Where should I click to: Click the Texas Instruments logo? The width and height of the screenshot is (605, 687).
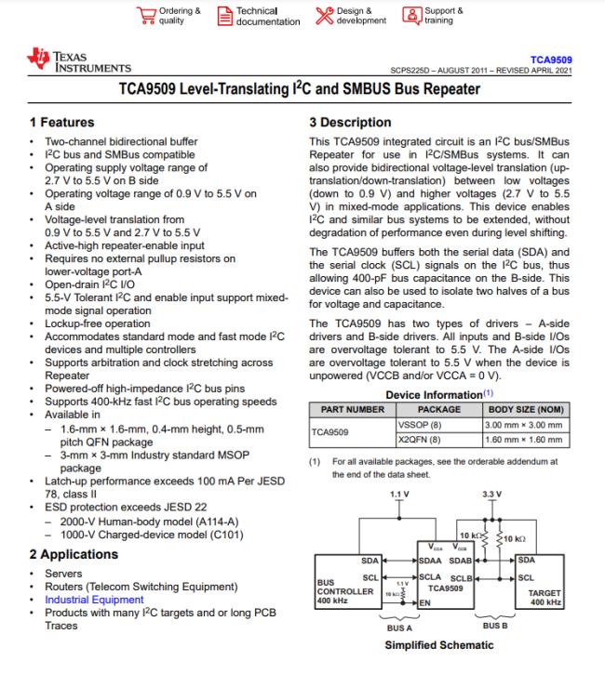pos(79,60)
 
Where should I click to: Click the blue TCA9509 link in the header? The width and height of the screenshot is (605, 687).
pos(551,60)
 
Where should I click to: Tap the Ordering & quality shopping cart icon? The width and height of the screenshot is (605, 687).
pos(146,16)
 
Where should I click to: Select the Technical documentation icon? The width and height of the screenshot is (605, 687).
pos(225,16)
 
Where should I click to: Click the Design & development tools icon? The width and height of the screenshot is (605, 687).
pos(325,16)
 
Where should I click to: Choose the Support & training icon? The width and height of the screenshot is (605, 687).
pos(412,16)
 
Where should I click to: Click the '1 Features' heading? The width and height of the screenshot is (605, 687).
pos(61,122)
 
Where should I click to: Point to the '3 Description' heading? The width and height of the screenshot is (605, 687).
pos(350,122)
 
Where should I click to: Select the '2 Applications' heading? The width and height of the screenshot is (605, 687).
pos(74,554)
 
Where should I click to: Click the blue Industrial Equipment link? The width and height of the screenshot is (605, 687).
pos(94,600)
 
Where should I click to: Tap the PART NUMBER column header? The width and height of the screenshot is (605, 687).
pos(352,410)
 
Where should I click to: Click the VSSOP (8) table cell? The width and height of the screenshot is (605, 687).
pos(413,425)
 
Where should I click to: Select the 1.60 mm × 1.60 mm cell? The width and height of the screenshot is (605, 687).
pos(523,440)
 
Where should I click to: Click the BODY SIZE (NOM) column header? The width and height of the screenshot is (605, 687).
pos(526,410)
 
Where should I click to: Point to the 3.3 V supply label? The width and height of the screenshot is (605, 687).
pos(491,495)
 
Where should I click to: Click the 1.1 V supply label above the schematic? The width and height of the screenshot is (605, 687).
pos(399,495)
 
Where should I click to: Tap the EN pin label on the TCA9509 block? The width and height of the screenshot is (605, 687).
pos(424,603)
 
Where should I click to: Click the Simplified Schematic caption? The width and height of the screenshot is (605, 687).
pos(439,645)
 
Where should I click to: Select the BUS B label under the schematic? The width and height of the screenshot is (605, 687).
pos(495,626)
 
